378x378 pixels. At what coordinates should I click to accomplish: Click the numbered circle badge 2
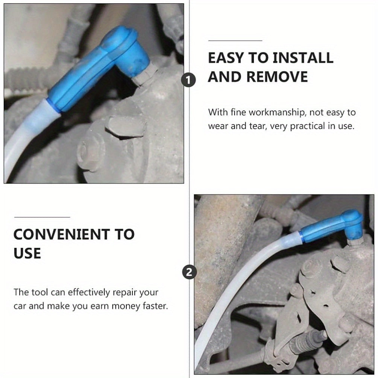tap(189, 273)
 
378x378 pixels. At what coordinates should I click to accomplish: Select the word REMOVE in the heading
tap(277, 77)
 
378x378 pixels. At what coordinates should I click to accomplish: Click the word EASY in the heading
tap(226, 58)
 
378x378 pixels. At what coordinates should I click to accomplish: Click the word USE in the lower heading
tap(27, 254)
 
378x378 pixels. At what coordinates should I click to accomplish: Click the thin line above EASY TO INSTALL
tap(235, 41)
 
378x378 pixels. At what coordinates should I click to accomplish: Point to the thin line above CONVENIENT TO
tap(42, 217)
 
